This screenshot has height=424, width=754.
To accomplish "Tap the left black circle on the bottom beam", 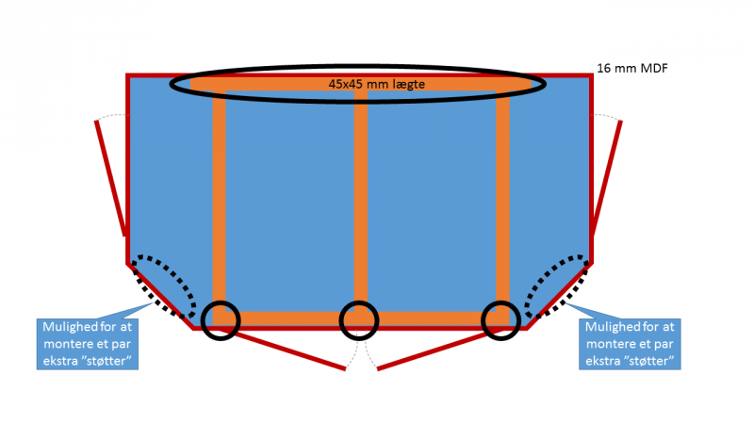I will (220, 319).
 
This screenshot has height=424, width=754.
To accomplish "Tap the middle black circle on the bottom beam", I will (358, 319).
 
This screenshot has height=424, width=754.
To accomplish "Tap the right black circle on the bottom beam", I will (500, 319).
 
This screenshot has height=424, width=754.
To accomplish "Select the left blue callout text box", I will (88, 344).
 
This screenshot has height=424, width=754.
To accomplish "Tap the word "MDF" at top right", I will (653, 69).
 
